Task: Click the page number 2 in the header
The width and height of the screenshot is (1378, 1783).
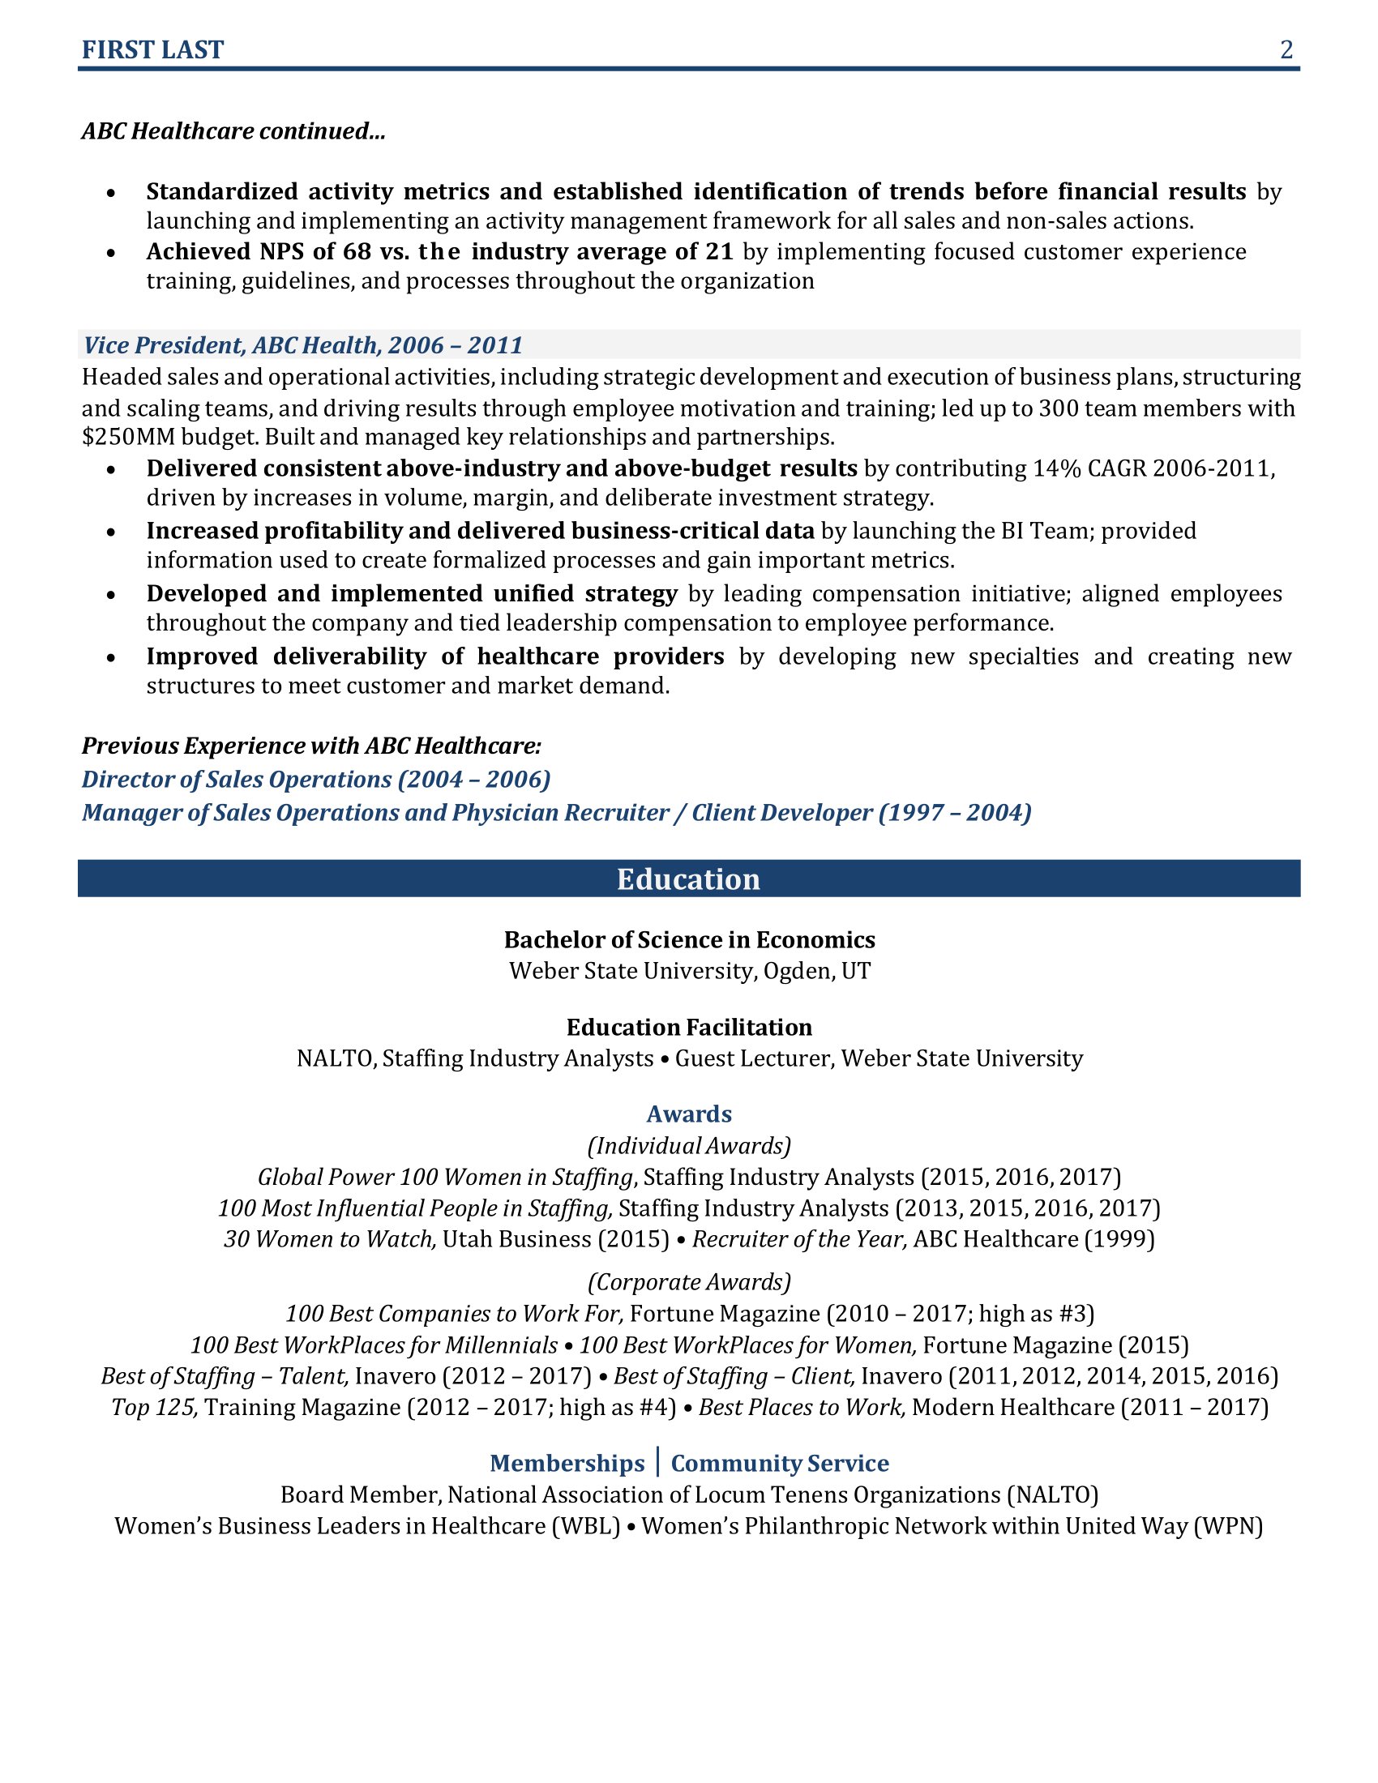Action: pyautogui.click(x=1286, y=50)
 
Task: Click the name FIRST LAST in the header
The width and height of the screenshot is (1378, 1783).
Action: pyautogui.click(x=152, y=50)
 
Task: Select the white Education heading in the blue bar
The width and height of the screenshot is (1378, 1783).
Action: pyautogui.click(x=688, y=879)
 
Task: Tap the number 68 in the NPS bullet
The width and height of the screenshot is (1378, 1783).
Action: pyautogui.click(x=357, y=251)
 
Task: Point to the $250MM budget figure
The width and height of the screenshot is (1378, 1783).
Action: pyautogui.click(x=128, y=438)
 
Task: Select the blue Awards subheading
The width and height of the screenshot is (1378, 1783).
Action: pyautogui.click(x=689, y=1114)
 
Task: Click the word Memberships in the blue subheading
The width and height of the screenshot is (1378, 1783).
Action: pyautogui.click(x=567, y=1463)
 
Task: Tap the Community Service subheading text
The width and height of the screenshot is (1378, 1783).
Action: pyautogui.click(x=780, y=1463)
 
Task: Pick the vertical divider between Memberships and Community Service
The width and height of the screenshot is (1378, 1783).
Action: pyautogui.click(x=658, y=1461)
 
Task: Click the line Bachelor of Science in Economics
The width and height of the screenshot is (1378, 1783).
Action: pyautogui.click(x=689, y=939)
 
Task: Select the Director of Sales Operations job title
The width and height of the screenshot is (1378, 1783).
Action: pyautogui.click(x=316, y=780)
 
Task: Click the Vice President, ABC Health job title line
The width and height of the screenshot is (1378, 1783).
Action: pyautogui.click(x=303, y=345)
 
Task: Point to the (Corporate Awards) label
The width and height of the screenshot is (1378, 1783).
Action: pyautogui.click(x=689, y=1283)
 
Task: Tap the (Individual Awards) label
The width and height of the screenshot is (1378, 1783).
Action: pyautogui.click(x=689, y=1146)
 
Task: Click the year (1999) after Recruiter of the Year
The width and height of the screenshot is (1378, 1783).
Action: pyautogui.click(x=1119, y=1239)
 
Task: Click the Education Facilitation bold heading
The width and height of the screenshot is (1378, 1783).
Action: pyautogui.click(x=689, y=1027)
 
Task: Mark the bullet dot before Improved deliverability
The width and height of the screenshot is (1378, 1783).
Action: pyautogui.click(x=111, y=658)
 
